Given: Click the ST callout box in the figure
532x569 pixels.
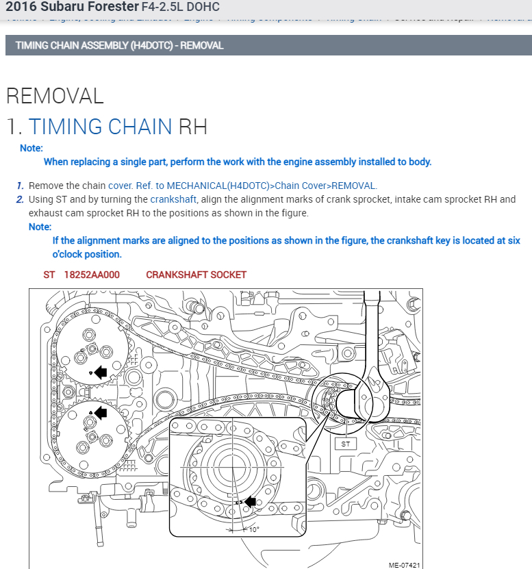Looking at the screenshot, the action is [x=345, y=444].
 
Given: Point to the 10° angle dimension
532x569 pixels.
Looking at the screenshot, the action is [x=253, y=529].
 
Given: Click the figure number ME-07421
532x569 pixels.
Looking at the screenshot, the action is [x=404, y=565].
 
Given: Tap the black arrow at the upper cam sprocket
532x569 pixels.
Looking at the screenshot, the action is [x=101, y=372].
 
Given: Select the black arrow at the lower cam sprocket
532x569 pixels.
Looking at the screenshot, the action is [x=101, y=412].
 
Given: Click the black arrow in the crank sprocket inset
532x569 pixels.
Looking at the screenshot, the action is [x=249, y=502].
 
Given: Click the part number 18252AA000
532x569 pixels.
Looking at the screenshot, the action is [x=92, y=275].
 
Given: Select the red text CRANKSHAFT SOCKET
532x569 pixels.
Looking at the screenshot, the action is [x=196, y=275].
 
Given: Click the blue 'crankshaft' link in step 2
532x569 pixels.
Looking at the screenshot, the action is [x=173, y=199].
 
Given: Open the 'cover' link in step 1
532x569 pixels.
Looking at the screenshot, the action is [x=120, y=186].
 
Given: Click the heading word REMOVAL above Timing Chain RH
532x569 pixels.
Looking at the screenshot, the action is [x=55, y=96].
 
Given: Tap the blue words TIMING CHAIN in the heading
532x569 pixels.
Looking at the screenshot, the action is [x=100, y=127].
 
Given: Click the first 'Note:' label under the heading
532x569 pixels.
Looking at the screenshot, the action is [x=31, y=148].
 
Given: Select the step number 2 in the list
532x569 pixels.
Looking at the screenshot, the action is [x=21, y=199].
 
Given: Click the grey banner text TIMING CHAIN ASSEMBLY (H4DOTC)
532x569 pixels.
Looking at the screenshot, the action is [x=119, y=46].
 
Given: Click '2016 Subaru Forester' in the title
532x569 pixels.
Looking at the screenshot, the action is [x=71, y=7].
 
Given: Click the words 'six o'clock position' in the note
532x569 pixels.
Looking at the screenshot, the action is [x=87, y=254].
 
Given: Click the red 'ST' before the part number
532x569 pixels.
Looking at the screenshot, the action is [x=49, y=275].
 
